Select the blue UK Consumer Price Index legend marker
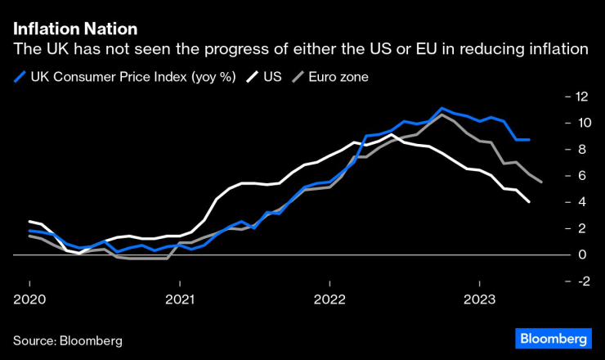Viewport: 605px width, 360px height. click(20, 78)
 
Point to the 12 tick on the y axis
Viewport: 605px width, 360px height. click(581, 97)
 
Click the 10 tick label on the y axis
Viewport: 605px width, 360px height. click(581, 123)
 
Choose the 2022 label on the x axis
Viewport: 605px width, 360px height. click(329, 301)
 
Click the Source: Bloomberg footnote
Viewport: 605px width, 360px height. click(68, 339)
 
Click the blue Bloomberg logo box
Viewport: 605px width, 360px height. click(553, 338)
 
